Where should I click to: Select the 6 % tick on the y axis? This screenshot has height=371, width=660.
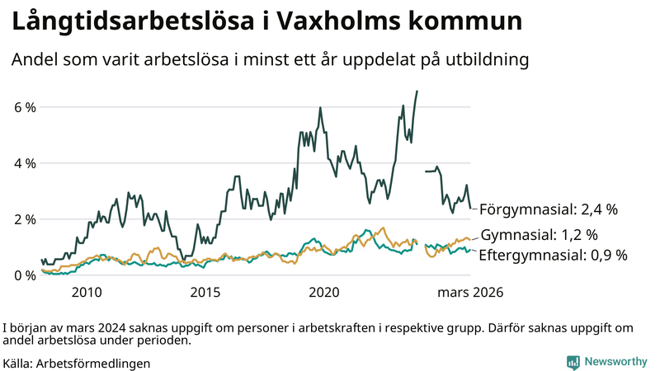point(24,107)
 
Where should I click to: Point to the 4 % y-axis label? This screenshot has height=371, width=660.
point(24,163)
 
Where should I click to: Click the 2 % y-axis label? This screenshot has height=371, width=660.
point(24,219)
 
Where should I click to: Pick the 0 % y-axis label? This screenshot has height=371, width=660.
point(24,275)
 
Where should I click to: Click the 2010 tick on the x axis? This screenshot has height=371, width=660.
point(87,293)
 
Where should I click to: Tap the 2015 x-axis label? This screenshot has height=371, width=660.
point(205,293)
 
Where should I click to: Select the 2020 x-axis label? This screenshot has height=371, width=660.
point(324,293)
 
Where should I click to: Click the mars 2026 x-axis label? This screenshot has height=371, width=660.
point(469,293)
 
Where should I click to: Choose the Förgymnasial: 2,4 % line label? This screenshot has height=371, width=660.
point(549,209)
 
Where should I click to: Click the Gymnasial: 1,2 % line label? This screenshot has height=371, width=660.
point(540,235)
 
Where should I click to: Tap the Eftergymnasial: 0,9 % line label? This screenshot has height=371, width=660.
point(553,255)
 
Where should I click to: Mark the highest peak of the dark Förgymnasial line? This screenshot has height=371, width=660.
point(417,91)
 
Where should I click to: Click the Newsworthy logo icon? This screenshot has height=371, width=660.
point(573,362)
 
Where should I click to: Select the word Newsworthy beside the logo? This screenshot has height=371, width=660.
point(616,362)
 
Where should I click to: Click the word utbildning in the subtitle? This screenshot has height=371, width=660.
point(488,60)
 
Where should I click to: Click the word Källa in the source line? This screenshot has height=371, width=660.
point(18,363)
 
